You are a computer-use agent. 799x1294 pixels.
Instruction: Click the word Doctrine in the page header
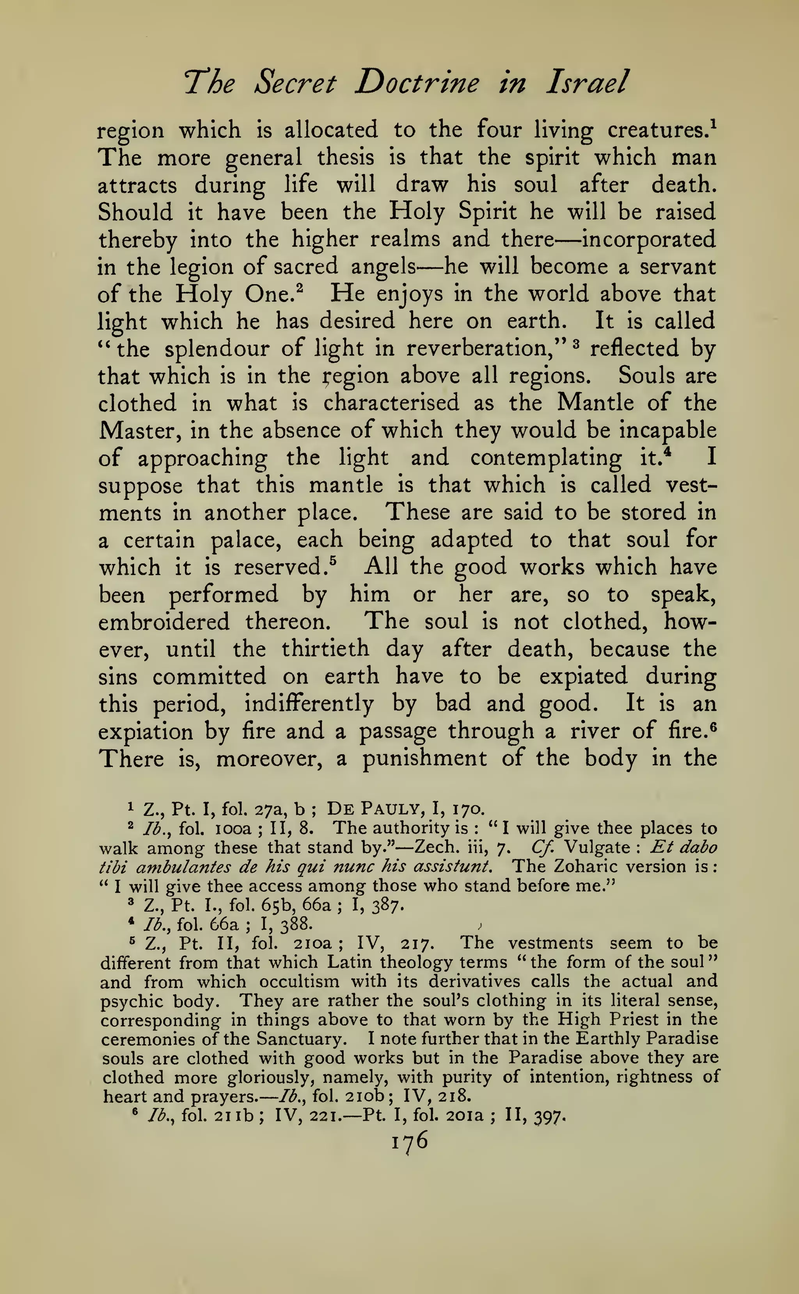pos(418,83)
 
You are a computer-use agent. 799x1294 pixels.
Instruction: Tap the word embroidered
pos(164,621)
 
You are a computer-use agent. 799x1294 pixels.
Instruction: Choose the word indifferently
pos(309,703)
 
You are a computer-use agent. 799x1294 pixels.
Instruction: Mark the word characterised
pos(391,403)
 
